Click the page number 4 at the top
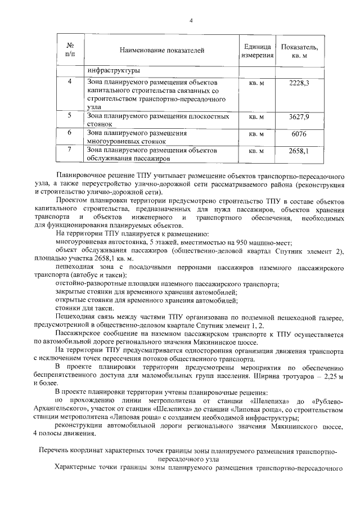click(191, 21)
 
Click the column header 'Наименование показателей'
click(162, 51)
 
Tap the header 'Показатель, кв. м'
click(299, 51)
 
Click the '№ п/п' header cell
click(70, 50)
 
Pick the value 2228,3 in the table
click(299, 83)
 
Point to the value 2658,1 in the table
click(299, 151)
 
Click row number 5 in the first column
click(70, 116)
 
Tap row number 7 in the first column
click(70, 150)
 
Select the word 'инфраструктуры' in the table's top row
click(113, 71)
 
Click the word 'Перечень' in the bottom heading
click(53, 451)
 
